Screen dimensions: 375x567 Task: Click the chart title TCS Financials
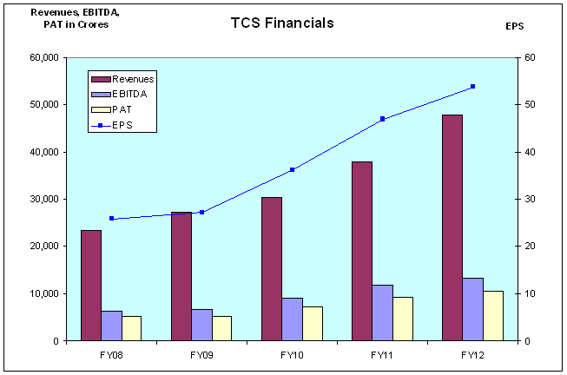[x=282, y=23]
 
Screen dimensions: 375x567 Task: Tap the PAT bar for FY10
[x=313, y=323]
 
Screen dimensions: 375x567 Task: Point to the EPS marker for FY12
[x=472, y=86]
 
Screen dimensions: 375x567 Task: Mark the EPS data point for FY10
[x=292, y=169]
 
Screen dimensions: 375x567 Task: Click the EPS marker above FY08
[x=112, y=218]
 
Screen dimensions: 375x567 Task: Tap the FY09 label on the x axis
[x=201, y=356]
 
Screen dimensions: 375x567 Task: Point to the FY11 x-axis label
[x=382, y=356]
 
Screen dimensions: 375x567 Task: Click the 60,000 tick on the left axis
[x=41, y=57]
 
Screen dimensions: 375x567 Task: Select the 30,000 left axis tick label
[x=41, y=199]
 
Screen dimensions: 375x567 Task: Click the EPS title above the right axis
[x=514, y=26]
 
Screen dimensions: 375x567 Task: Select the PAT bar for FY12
[x=493, y=315]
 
